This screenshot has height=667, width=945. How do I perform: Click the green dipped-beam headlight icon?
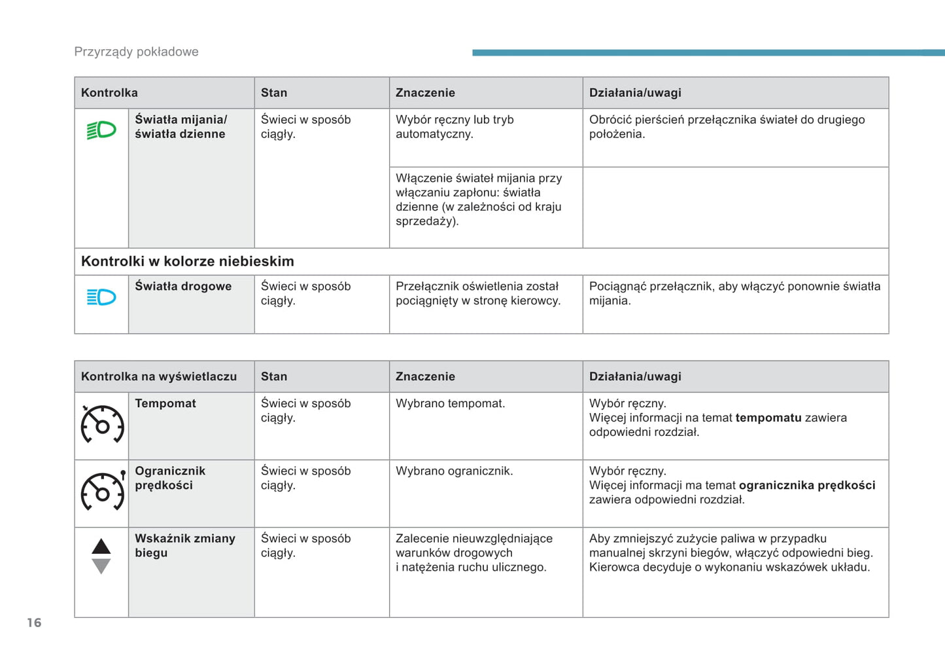coord(101,130)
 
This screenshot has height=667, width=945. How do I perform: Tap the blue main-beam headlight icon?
coord(101,297)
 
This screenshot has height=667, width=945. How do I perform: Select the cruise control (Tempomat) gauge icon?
coord(102,424)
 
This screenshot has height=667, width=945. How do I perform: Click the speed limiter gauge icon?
coord(103,491)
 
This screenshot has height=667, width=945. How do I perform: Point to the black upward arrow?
coord(101,547)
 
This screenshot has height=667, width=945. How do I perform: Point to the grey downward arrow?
coord(101,566)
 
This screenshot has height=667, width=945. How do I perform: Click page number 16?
coord(34,622)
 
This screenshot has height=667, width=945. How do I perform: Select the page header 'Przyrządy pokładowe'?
coord(136,52)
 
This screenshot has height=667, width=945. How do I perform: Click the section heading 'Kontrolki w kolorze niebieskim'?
coord(188,261)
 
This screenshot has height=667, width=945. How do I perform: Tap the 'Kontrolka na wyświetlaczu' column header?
coord(159,376)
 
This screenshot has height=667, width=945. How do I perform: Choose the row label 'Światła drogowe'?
coord(183,286)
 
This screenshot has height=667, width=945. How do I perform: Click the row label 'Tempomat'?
coord(165,403)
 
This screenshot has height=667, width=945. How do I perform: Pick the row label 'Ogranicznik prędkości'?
coord(170,478)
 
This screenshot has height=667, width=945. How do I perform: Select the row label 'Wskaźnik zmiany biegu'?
coord(184,545)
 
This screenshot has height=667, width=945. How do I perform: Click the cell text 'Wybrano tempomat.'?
coord(450,403)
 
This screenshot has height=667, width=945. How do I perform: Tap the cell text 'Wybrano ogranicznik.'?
coord(454,471)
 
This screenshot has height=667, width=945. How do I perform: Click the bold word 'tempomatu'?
coord(768,418)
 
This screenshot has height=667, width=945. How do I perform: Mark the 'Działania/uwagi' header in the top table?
coord(635,93)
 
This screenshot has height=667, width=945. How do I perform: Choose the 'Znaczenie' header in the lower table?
coord(425,376)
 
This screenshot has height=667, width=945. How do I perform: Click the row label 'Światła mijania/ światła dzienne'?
coord(180,126)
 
